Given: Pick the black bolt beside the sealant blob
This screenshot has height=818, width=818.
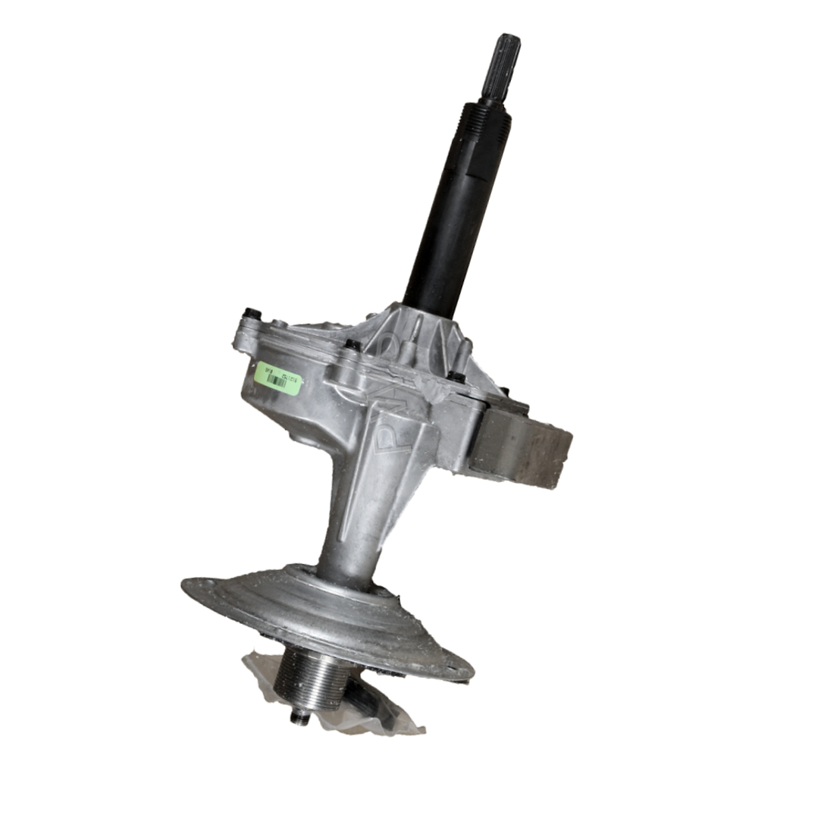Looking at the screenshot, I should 456,376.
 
